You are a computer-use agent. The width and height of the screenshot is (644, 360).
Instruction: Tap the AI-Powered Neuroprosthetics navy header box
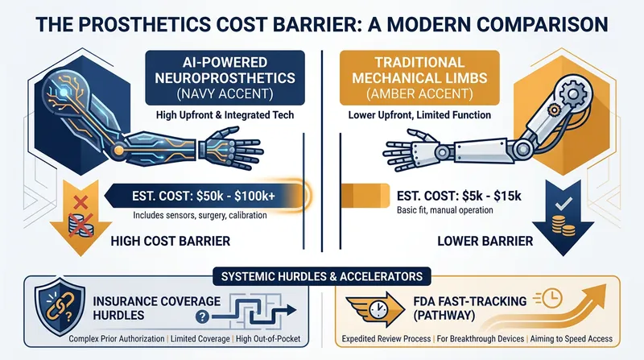225,78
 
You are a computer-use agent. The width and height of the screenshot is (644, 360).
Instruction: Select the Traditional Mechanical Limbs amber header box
419,78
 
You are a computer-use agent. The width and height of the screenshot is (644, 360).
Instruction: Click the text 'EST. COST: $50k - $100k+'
204,196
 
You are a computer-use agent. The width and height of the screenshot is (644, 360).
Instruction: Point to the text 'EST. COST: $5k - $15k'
459,196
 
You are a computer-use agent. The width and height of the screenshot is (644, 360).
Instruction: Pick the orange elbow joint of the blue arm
119,150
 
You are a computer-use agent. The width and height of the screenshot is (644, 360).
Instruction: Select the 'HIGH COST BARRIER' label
171,241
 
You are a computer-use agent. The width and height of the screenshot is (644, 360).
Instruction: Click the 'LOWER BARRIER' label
485,241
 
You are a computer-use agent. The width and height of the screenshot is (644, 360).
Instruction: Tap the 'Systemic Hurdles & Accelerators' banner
322,276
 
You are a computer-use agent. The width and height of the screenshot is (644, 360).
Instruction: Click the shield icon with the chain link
60,307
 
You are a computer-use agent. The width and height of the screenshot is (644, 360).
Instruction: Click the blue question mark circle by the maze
202,317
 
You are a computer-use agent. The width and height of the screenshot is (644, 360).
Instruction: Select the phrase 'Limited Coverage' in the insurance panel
200,339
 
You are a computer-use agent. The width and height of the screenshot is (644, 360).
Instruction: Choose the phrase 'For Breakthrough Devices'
480,339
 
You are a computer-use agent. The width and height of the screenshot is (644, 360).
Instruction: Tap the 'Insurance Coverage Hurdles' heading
156,308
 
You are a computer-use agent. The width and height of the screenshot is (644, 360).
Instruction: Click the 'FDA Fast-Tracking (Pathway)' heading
470,308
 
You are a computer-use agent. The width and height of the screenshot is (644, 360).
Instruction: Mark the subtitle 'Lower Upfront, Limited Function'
419,115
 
